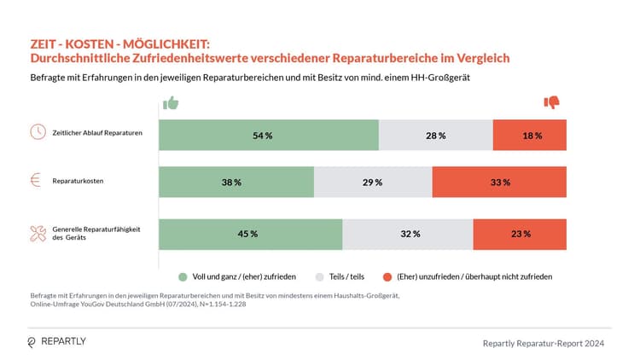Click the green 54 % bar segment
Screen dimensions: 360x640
269,135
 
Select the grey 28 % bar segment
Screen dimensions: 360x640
436,135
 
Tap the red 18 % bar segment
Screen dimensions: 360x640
530,135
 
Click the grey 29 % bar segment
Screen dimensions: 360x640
373,183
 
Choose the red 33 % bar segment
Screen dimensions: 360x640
499,183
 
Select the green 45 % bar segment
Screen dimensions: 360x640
250,234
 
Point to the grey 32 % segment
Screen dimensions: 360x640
408,234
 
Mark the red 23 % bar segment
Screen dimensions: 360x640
520,234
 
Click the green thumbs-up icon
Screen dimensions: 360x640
171,103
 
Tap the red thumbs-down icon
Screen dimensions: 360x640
552,103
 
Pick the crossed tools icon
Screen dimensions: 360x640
38,233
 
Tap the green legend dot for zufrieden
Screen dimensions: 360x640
183,277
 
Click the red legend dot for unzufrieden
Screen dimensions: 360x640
387,277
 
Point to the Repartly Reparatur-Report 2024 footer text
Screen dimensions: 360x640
544,343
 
